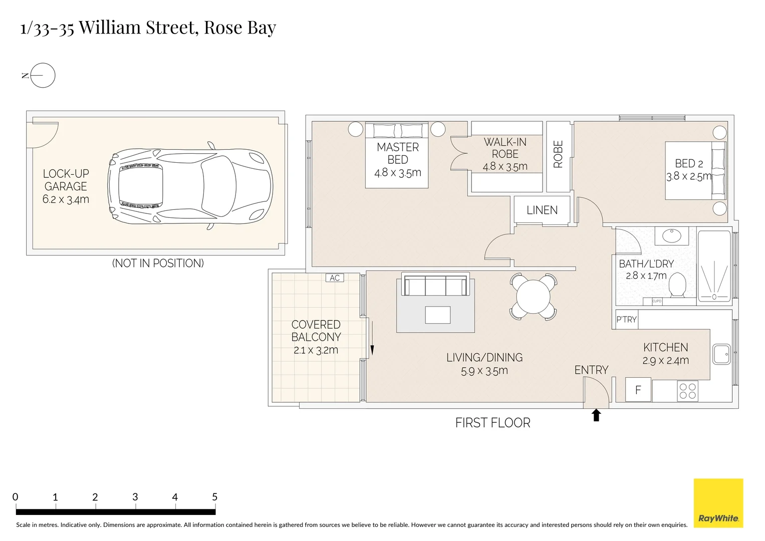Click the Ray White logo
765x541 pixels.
coord(718,503)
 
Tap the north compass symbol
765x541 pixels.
coord(42,76)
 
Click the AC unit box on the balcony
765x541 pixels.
coord(335,278)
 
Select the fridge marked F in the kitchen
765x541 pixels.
coord(638,390)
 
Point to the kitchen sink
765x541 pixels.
coord(721,354)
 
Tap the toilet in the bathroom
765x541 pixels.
coord(677,286)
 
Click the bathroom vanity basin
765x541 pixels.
coord(672,235)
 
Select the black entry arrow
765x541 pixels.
coord(596,415)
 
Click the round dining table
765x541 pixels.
coord(533,296)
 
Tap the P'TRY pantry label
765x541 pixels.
coord(626,319)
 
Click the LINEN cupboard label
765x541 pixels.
coord(542,210)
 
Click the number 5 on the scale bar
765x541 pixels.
coord(214,497)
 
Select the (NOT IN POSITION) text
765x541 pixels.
coord(158,263)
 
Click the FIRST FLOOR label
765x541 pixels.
coord(492,423)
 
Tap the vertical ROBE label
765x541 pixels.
coord(558,154)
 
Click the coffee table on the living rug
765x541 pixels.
coord(437,315)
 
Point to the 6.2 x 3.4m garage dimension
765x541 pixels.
coord(66,199)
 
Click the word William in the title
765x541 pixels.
coord(110,28)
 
